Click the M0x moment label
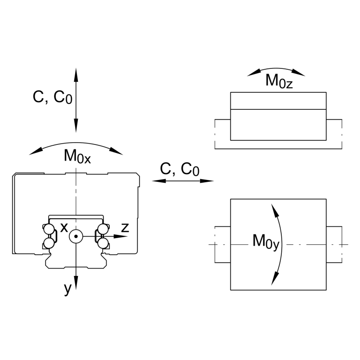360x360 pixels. click(x=77, y=156)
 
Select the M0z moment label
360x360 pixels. click(x=279, y=81)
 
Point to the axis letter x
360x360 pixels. click(x=64, y=227)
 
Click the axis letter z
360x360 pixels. click(x=125, y=227)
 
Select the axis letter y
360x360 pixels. click(x=67, y=289)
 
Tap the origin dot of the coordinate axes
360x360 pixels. click(x=76, y=236)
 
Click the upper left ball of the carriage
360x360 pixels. click(x=48, y=229)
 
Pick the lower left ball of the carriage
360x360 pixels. click(x=48, y=243)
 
